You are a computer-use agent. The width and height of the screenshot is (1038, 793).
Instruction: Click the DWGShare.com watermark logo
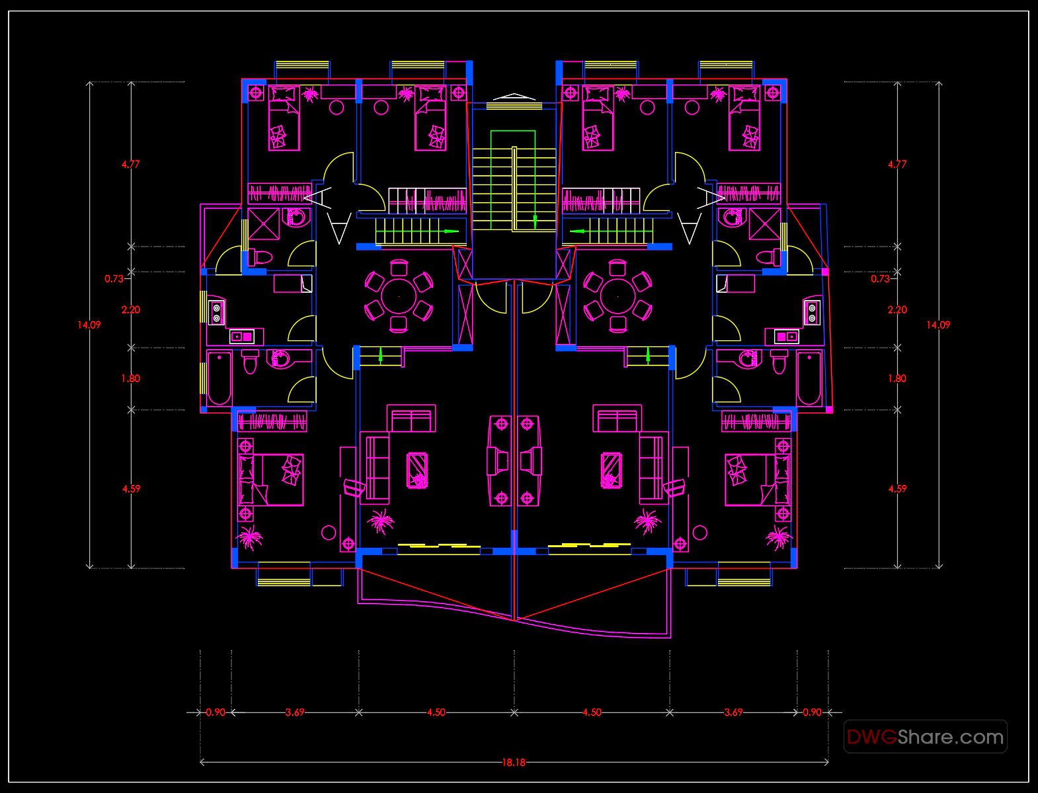tap(925, 736)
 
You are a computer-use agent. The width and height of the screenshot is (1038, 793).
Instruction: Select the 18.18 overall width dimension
tap(513, 762)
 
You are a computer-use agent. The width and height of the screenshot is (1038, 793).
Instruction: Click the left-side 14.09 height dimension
tap(89, 324)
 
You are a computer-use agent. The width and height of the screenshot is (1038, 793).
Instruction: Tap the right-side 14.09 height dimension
tap(938, 324)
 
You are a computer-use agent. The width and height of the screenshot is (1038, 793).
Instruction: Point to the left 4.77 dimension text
tap(130, 164)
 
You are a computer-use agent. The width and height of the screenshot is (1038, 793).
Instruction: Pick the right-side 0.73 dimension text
tap(879, 279)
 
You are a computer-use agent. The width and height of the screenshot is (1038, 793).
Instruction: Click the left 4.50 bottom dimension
tap(436, 712)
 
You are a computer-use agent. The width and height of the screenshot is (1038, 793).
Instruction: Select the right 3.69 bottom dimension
tap(733, 712)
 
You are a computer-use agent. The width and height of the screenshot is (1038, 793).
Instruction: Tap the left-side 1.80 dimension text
tap(130, 379)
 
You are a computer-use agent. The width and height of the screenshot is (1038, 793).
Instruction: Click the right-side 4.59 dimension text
tap(897, 489)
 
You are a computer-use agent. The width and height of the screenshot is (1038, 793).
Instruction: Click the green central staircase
tap(513, 180)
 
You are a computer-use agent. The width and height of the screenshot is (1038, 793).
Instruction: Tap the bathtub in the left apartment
tap(219, 379)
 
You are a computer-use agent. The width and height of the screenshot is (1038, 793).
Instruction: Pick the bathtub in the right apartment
tap(809, 379)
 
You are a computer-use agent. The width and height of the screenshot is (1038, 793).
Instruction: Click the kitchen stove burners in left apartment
tap(216, 312)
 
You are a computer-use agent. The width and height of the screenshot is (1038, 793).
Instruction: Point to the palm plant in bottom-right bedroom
tap(779, 537)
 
